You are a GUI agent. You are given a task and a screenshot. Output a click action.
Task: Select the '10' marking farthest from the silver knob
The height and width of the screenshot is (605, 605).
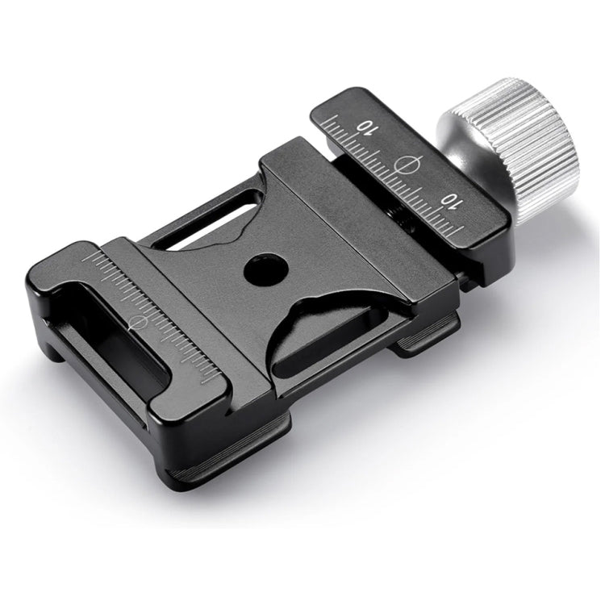click(367, 127)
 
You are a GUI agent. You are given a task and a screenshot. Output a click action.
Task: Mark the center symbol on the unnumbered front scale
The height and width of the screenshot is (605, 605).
click(138, 322)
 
